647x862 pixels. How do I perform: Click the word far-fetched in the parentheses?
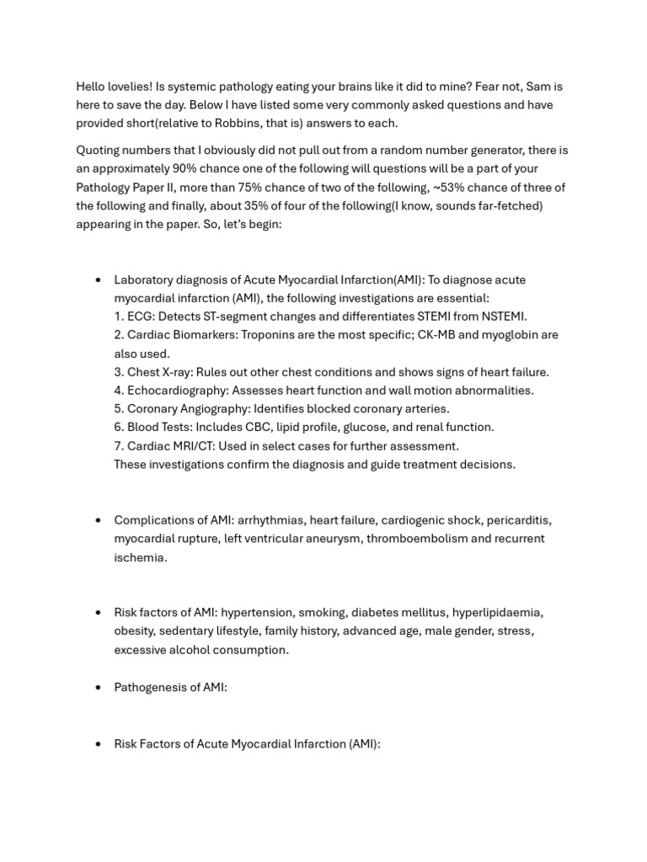[509, 205]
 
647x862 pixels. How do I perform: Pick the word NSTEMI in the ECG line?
[502, 317]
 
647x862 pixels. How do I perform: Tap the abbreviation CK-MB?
[436, 335]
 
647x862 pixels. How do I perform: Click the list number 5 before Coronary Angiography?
[119, 409]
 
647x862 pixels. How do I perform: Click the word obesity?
[133, 631]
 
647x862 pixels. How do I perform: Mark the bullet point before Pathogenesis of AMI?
[99, 688]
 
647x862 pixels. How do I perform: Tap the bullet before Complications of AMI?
[99, 520]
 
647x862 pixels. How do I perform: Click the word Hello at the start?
[93, 87]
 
